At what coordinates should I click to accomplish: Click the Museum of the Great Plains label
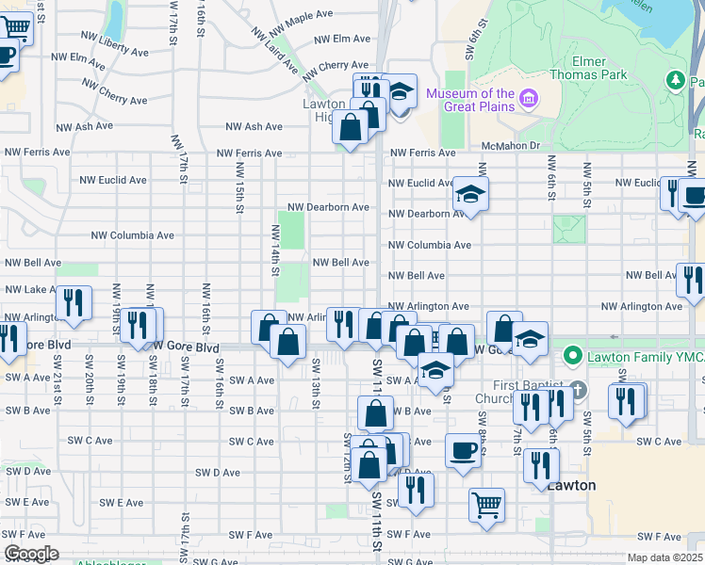[x=470, y=100]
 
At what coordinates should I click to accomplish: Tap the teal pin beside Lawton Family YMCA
[x=570, y=357]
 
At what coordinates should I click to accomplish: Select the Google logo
[x=31, y=554]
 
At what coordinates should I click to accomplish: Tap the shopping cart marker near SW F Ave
[x=486, y=505]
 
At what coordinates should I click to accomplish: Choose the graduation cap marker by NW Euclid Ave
[x=467, y=195]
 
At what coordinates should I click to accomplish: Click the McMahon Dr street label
[x=509, y=145]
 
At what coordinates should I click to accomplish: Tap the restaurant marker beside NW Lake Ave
[x=73, y=302]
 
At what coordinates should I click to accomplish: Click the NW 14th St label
[x=275, y=250]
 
